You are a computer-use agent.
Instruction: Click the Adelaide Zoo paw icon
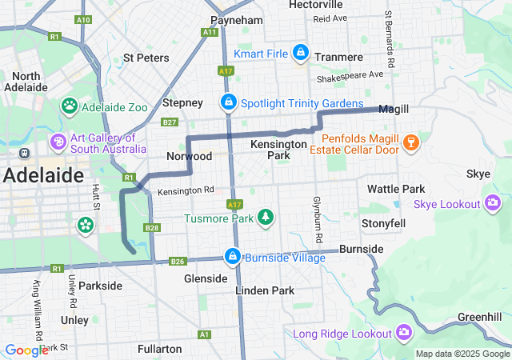click(x=70, y=105)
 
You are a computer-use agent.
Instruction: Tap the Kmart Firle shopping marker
click(x=300, y=54)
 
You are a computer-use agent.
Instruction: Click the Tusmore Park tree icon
click(x=265, y=218)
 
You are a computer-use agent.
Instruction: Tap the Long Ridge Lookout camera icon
click(x=404, y=333)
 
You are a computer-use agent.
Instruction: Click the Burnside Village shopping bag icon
click(x=232, y=257)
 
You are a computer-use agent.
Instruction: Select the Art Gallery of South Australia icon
click(x=58, y=142)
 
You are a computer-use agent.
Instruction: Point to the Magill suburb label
click(x=394, y=110)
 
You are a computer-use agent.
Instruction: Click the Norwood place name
click(x=189, y=156)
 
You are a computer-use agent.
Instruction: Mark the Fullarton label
click(x=159, y=349)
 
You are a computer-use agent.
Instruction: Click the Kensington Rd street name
click(x=186, y=191)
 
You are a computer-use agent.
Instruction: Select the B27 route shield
click(x=169, y=122)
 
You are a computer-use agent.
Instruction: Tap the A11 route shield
click(x=210, y=32)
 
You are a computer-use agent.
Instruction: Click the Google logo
click(x=26, y=350)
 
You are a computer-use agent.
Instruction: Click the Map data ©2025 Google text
click(x=462, y=354)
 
